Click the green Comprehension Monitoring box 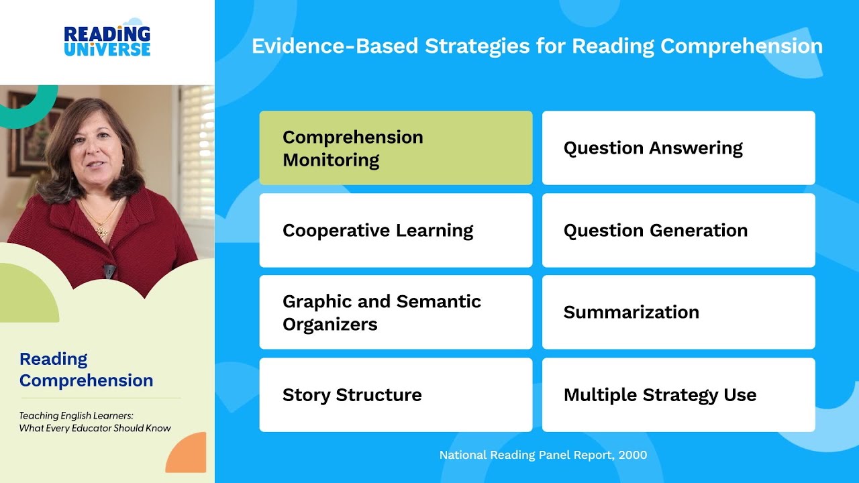pos(396,148)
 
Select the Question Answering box pos(678,148)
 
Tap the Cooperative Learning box pos(396,230)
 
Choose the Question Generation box pos(678,230)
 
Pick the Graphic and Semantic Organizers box pos(396,312)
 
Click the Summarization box pos(678,312)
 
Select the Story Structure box pos(396,394)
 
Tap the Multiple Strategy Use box pos(678,394)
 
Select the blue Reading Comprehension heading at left pos(86,370)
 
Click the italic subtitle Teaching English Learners pos(76,416)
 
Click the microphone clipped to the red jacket pos(109,271)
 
